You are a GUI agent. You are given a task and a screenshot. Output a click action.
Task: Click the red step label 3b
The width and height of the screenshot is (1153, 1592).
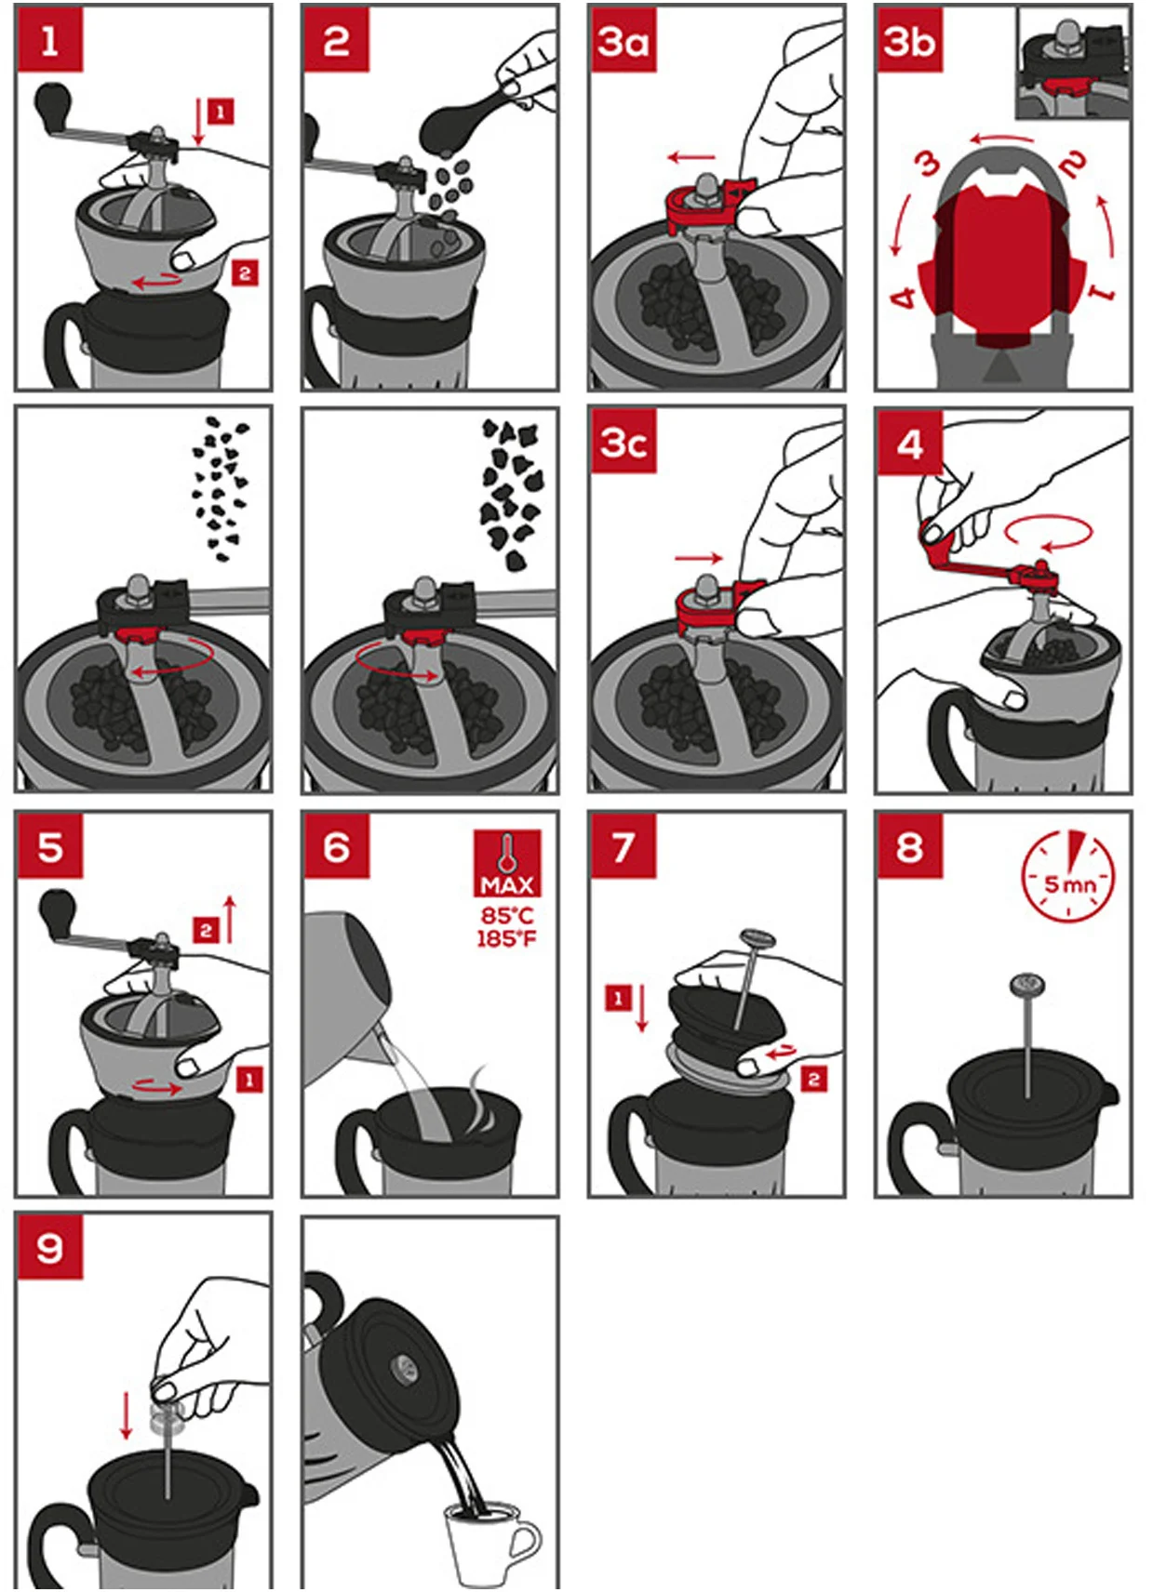(x=910, y=41)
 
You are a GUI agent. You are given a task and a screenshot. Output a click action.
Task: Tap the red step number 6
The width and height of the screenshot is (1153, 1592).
(x=337, y=845)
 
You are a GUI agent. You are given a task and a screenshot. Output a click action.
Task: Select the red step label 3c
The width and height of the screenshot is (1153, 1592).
(x=623, y=442)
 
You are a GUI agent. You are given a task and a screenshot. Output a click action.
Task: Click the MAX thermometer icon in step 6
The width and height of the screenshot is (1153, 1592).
(x=506, y=864)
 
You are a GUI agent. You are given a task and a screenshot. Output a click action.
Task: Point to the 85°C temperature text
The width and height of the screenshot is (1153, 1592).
(x=506, y=915)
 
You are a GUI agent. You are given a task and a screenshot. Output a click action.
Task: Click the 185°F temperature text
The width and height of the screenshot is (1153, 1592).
(x=506, y=938)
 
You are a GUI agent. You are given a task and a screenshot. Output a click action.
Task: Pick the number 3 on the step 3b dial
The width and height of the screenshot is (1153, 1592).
(x=928, y=165)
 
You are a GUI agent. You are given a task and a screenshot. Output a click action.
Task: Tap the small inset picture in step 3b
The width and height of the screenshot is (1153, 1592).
(x=1073, y=64)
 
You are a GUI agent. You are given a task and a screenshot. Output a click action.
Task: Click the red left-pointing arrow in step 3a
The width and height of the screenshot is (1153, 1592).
(x=691, y=157)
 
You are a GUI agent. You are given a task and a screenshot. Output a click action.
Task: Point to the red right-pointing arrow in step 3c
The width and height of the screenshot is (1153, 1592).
(x=699, y=558)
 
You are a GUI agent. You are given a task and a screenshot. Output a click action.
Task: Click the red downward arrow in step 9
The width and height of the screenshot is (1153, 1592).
(x=126, y=1416)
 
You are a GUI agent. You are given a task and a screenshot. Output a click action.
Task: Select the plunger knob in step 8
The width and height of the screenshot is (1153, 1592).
(x=1027, y=985)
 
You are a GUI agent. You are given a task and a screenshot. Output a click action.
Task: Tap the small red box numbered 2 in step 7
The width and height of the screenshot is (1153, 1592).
(x=814, y=1080)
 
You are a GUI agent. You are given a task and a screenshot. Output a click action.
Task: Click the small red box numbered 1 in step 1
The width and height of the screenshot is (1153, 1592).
(x=221, y=112)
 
